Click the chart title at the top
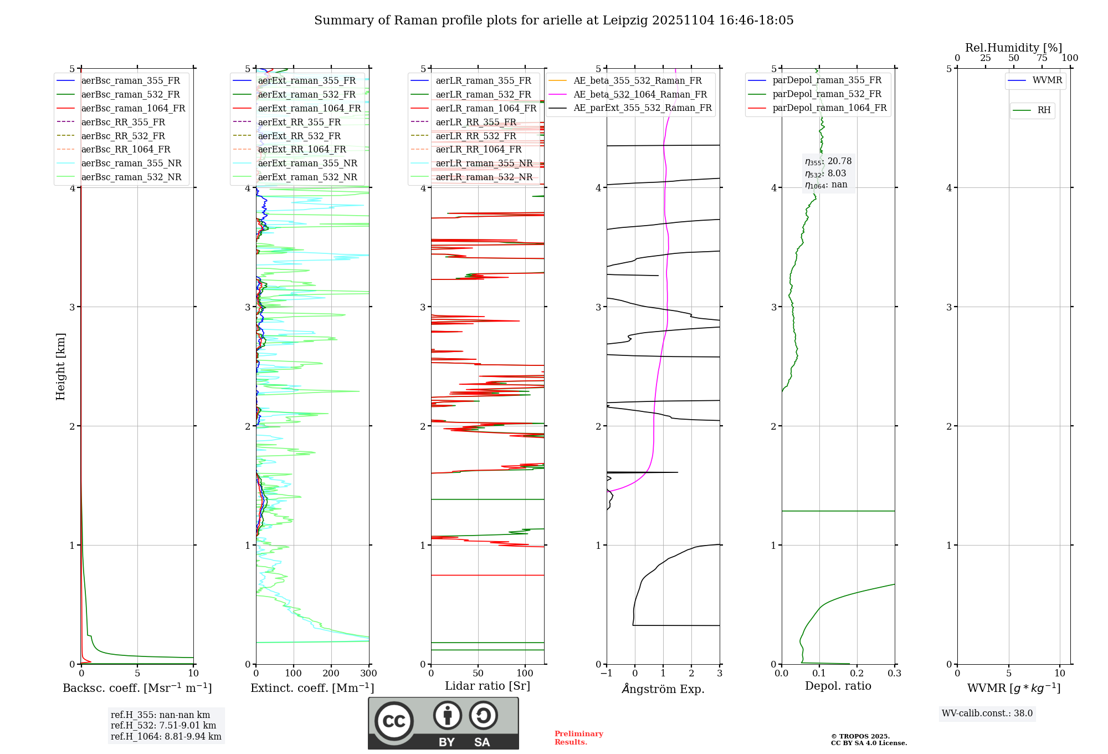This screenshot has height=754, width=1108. pyautogui.click(x=553, y=21)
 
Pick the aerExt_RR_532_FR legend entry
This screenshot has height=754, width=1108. pyautogui.click(x=299, y=136)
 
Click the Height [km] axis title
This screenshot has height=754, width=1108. pyautogui.click(x=60, y=366)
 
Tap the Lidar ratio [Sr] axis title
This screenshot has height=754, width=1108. pyautogui.click(x=487, y=686)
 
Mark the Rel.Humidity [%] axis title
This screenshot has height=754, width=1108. pyautogui.click(x=1013, y=48)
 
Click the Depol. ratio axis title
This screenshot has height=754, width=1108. pyautogui.click(x=838, y=686)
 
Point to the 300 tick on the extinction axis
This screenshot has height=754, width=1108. pyautogui.click(x=368, y=674)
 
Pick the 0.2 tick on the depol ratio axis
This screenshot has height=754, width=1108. pyautogui.click(x=856, y=674)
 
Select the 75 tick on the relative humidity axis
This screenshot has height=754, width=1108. pyautogui.click(x=1042, y=58)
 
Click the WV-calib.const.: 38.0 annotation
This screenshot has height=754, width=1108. pyautogui.click(x=987, y=714)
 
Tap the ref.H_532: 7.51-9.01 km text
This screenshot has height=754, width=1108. pyautogui.click(x=163, y=726)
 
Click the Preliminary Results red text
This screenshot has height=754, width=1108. pyautogui.click(x=578, y=738)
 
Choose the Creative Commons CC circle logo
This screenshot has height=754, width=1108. pyautogui.click(x=394, y=721)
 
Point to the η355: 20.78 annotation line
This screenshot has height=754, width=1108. pyautogui.click(x=828, y=161)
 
